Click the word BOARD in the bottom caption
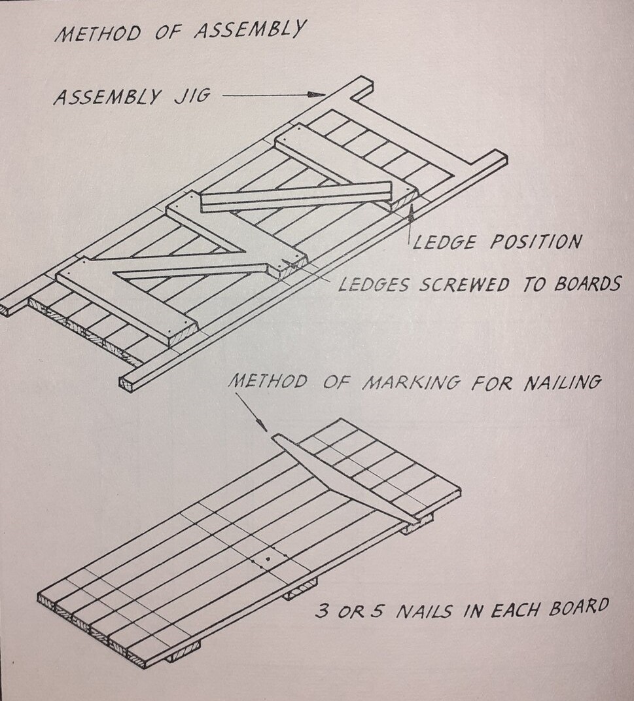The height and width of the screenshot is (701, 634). point(575,606)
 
